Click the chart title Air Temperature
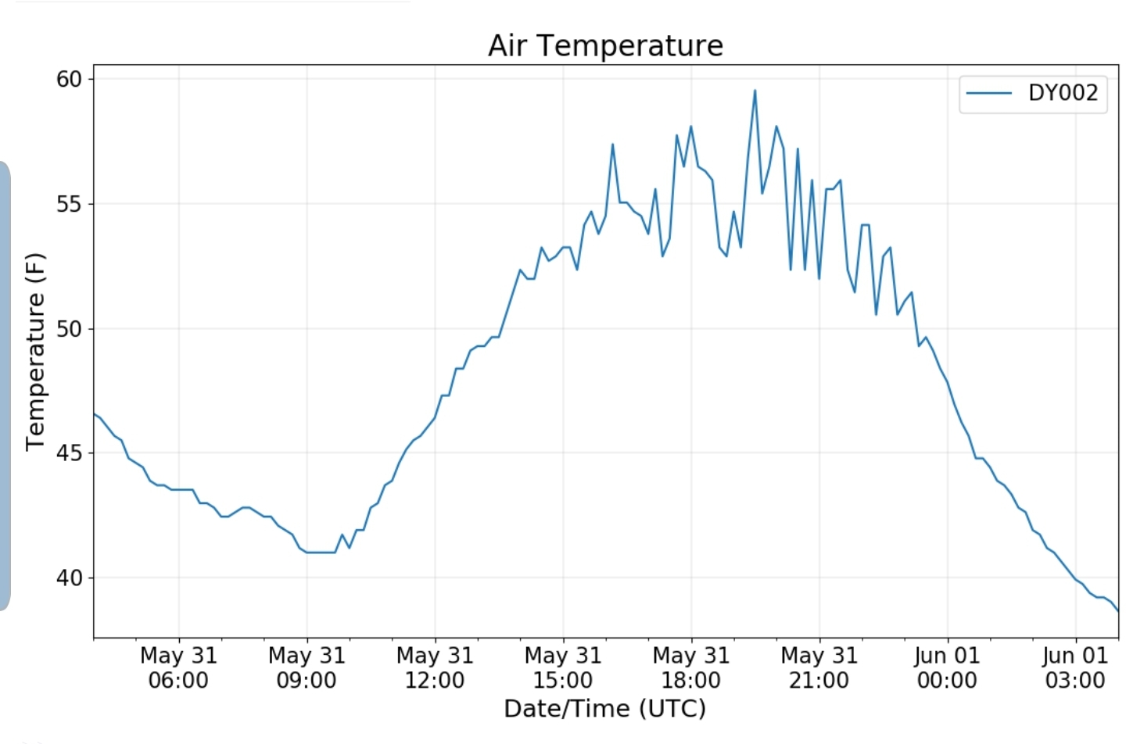pos(605,45)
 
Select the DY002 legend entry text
pos(1063,93)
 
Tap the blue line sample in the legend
pos(989,93)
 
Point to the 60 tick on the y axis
pos(69,79)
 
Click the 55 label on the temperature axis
pos(69,204)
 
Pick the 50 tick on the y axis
pos(69,328)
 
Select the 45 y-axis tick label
pos(69,452)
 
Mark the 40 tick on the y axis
pos(69,578)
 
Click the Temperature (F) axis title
pos(36,352)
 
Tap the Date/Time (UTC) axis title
pos(604,708)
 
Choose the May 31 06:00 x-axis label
pos(178,667)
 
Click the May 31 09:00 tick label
pos(307,667)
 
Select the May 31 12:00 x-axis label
pos(435,667)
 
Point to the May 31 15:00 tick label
pos(563,667)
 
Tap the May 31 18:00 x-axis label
pos(691,667)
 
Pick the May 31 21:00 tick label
pos(819,667)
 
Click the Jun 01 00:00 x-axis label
pos(947,667)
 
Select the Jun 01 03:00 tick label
pos(1075,667)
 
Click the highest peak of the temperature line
pos(755,91)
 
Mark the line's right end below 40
pos(1117,610)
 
